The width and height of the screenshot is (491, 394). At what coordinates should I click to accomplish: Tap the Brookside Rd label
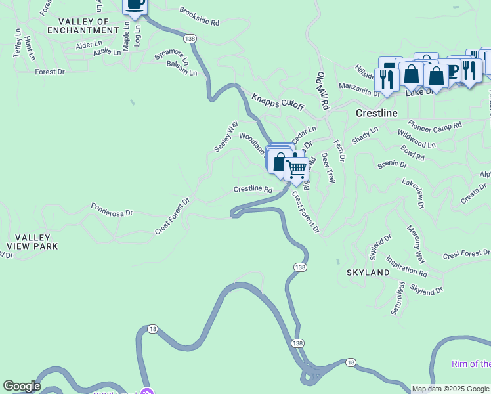[x=199, y=16]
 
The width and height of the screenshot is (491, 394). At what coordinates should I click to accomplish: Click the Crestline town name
[x=377, y=113]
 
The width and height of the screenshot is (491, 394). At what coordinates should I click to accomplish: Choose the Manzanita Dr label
[x=359, y=89]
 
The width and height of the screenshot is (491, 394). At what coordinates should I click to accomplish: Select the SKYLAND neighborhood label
[x=368, y=272]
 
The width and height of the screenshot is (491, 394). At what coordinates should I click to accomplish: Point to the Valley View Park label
[x=32, y=242]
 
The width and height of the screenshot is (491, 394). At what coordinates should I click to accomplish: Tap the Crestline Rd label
[x=253, y=190]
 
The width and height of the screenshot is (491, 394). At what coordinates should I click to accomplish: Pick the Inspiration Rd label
[x=406, y=265]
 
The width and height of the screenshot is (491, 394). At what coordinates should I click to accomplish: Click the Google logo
[x=22, y=386]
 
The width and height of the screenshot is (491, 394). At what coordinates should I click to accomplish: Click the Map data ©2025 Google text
[x=450, y=389]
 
